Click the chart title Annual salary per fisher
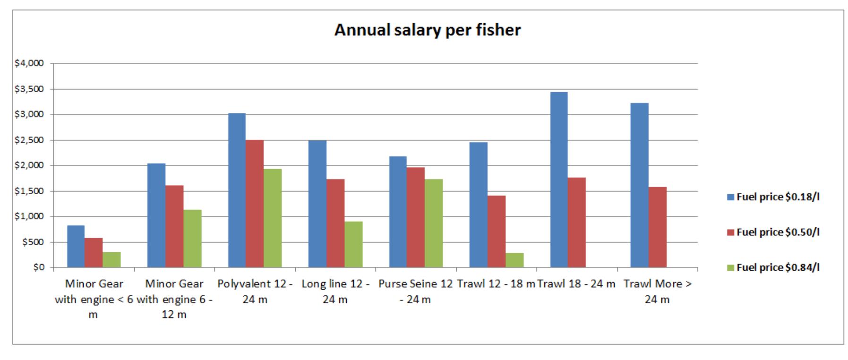point(427,30)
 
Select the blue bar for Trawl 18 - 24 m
point(559,180)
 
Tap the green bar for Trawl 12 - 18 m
point(514,260)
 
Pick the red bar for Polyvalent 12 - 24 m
point(255,204)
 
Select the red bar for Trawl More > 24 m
point(658,227)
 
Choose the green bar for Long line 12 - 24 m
point(353,244)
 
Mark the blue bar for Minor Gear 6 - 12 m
point(156,215)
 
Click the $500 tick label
point(35,242)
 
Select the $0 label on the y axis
point(39,267)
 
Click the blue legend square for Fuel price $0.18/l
point(730,197)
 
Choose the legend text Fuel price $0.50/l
point(778,232)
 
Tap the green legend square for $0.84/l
point(730,267)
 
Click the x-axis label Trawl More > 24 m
point(657,291)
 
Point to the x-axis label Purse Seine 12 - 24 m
point(415,291)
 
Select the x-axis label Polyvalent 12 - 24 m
point(255,291)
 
